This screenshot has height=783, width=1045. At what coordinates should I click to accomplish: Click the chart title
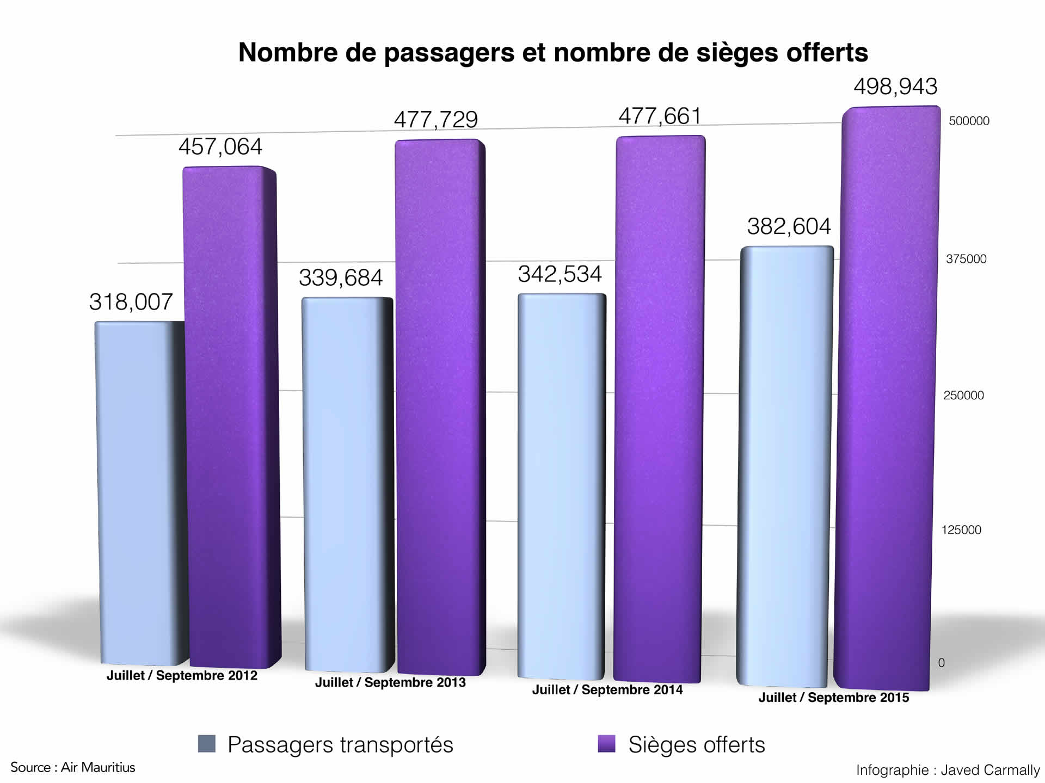(x=553, y=53)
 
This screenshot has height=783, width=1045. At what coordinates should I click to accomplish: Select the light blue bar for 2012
(x=139, y=490)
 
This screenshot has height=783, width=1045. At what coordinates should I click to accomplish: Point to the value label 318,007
(x=131, y=302)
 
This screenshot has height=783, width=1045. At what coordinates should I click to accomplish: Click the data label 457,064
(x=220, y=146)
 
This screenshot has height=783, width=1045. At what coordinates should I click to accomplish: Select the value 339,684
(x=341, y=278)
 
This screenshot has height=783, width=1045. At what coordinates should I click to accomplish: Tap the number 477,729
(x=436, y=120)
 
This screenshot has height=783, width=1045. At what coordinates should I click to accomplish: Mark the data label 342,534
(x=560, y=274)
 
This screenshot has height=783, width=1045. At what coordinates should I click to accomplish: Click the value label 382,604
(x=789, y=226)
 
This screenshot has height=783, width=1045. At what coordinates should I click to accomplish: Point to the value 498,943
(x=896, y=87)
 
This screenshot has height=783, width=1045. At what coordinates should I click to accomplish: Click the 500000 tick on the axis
(x=969, y=121)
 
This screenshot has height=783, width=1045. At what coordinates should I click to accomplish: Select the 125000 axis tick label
(x=961, y=530)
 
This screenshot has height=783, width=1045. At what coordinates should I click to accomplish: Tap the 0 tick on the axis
(x=941, y=663)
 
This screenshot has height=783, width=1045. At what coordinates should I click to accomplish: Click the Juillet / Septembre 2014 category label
(x=607, y=690)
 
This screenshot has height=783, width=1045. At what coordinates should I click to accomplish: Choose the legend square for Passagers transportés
(x=207, y=743)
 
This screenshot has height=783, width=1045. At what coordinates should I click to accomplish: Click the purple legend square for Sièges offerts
(x=606, y=743)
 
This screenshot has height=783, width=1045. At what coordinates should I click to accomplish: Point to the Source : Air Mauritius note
(x=73, y=767)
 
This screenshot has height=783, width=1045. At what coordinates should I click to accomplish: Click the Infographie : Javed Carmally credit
(x=948, y=770)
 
